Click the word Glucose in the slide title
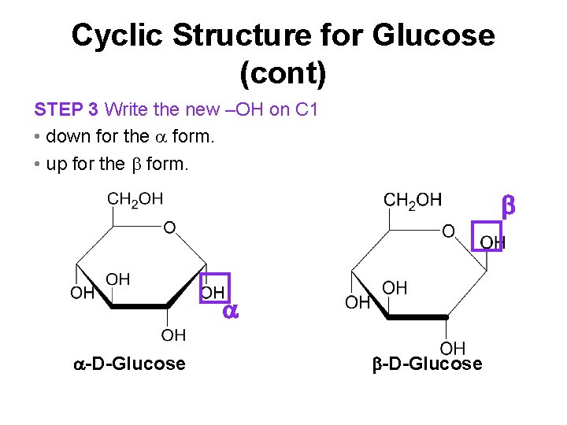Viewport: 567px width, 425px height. [435, 35]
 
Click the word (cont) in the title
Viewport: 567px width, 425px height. [283, 74]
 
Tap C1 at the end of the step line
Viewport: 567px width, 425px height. [306, 109]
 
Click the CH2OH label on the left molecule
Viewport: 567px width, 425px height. [135, 200]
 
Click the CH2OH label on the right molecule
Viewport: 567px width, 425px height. [413, 200]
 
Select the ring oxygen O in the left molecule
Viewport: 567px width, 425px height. [169, 227]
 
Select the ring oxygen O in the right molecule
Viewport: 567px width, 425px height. [448, 231]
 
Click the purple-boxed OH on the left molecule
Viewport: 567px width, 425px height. [213, 292]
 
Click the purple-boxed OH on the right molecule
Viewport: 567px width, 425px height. [491, 241]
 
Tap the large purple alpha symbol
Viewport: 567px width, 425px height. [230, 311]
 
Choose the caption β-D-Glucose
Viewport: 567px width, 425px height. [426, 364]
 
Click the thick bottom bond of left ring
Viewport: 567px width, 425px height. [140, 307]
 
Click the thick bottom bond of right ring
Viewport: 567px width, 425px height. [417, 317]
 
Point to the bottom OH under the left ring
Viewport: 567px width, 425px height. [173, 335]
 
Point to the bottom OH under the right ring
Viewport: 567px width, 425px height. [452, 347]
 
